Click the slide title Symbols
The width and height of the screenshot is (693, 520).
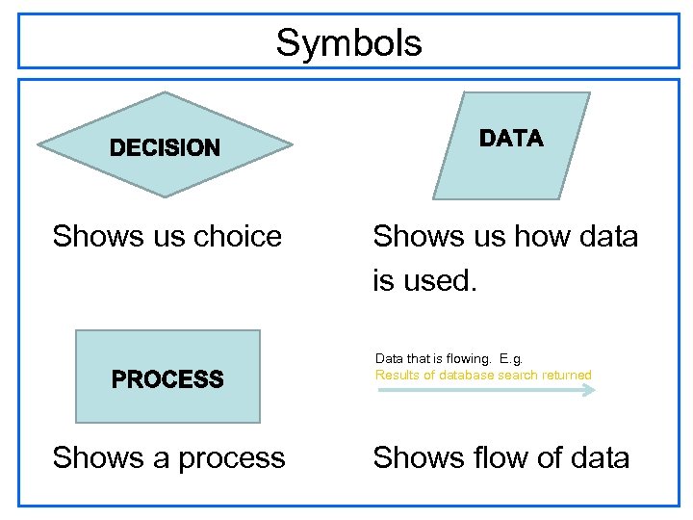pos(348,43)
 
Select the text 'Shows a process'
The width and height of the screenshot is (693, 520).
pos(168,457)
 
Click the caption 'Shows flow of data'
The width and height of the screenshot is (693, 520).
pos(500,457)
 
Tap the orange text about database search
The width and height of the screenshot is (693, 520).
pos(483,376)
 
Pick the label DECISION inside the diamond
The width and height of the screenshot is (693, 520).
pos(165,148)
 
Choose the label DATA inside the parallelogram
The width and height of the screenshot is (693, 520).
pos(511,139)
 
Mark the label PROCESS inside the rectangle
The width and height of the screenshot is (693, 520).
pos(167,379)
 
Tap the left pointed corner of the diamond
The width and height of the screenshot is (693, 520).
pos(40,145)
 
